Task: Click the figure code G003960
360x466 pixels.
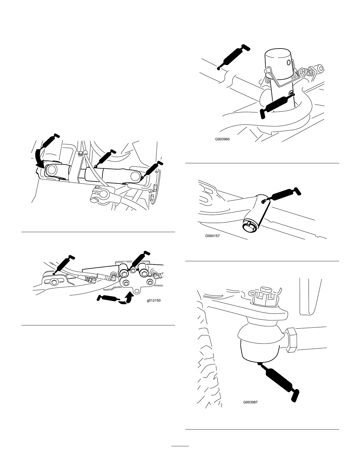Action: click(x=222, y=140)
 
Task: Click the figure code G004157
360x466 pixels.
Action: click(x=212, y=235)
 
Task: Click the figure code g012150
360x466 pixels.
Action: click(x=154, y=301)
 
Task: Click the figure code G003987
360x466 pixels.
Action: click(x=250, y=402)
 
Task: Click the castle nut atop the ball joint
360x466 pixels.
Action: click(x=263, y=297)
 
